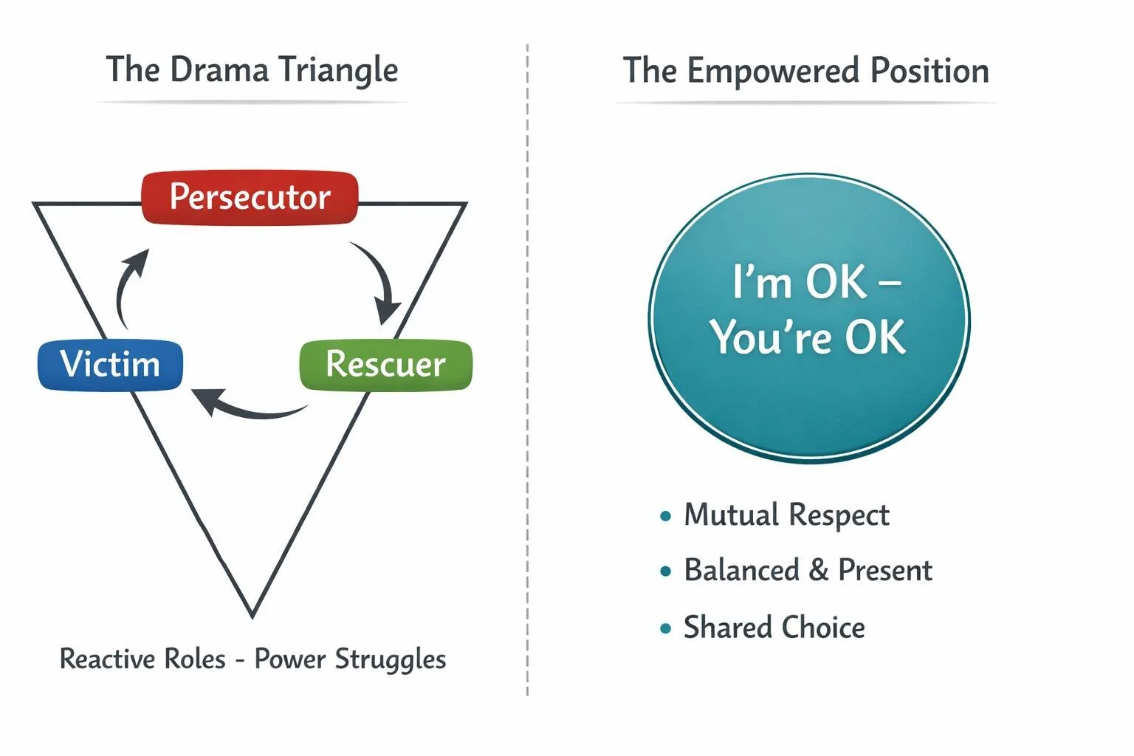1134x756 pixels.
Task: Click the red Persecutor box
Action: click(x=250, y=198)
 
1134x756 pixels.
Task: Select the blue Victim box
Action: click(x=110, y=365)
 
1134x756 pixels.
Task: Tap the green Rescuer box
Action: click(x=385, y=365)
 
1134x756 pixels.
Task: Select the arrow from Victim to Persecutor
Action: click(x=127, y=288)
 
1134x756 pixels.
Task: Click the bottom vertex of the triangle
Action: click(x=252, y=613)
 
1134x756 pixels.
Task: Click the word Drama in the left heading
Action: click(x=219, y=70)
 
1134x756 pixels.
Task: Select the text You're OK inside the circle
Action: click(x=808, y=337)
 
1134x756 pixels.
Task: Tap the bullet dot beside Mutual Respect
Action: click(x=666, y=516)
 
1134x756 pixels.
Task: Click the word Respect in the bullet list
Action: click(x=839, y=515)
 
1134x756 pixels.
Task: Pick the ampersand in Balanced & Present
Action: click(x=818, y=571)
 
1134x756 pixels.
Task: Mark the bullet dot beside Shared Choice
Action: click(x=666, y=629)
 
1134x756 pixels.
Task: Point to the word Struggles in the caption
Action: click(x=391, y=659)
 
